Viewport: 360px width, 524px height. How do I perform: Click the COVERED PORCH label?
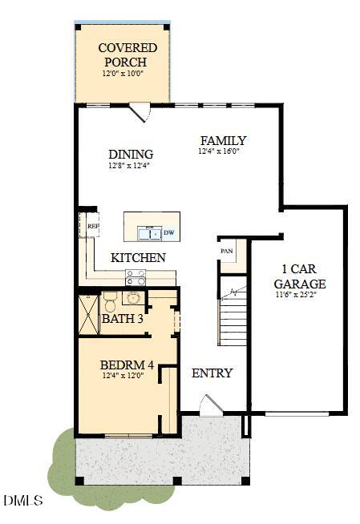(x=127, y=54)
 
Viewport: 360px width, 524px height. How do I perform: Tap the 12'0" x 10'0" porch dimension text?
(x=123, y=73)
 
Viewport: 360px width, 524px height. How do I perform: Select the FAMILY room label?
(x=223, y=140)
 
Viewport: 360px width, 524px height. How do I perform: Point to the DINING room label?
(x=131, y=155)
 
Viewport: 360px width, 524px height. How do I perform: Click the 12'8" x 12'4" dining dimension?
(x=129, y=165)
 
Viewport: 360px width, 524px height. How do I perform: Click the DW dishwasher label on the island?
(x=169, y=232)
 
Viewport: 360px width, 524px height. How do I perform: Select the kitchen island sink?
(x=150, y=233)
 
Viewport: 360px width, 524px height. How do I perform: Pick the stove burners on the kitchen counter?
(x=136, y=277)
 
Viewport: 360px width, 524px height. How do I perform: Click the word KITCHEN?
(x=138, y=258)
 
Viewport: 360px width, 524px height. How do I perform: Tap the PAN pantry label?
(x=227, y=251)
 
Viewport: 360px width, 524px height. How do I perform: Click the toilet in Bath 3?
(x=109, y=301)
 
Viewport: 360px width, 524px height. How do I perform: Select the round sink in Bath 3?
(x=133, y=297)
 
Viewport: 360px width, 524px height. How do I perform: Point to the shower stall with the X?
(x=88, y=314)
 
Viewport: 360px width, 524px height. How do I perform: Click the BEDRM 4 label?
(x=127, y=365)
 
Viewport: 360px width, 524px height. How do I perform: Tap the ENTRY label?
(x=212, y=373)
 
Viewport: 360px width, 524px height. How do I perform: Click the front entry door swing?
(x=210, y=406)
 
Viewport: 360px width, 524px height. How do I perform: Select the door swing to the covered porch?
(x=140, y=111)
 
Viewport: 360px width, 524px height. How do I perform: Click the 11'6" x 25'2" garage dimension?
(x=296, y=295)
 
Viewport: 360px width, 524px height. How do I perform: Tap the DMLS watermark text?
(x=23, y=500)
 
